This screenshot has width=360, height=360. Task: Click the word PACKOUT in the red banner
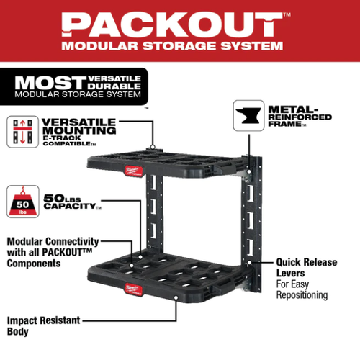tap(172, 24)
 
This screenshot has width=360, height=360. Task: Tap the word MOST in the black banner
tap(50, 83)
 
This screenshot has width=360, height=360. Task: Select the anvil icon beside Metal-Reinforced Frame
tap(248, 115)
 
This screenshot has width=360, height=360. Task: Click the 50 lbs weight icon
tap(23, 202)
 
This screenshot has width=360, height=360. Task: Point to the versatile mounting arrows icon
tap(22, 132)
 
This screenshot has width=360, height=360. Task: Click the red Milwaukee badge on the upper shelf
tap(134, 171)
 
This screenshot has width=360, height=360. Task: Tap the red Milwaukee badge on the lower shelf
tap(133, 289)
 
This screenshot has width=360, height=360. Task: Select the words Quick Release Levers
tap(307, 268)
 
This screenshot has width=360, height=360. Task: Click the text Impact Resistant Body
tap(43, 326)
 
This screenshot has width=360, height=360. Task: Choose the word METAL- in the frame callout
tap(293, 109)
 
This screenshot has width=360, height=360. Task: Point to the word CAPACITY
tap(70, 206)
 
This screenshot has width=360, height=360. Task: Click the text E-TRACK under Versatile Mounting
tap(62, 138)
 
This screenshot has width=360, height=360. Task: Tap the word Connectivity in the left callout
tap(72, 242)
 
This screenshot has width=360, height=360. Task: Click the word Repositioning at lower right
tap(302, 295)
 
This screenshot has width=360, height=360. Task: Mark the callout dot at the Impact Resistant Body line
tap(176, 297)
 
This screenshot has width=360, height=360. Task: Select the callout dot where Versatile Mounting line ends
tap(153, 147)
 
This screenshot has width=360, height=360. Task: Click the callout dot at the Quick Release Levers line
tap(249, 263)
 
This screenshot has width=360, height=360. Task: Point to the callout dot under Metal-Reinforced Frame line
tap(249, 171)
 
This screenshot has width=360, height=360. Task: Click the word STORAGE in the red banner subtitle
tap(179, 46)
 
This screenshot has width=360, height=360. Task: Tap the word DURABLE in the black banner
tap(114, 86)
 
